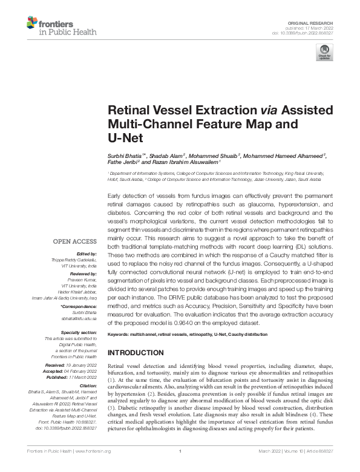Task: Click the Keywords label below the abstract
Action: (x=119, y=334)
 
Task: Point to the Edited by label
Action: (x=87, y=254)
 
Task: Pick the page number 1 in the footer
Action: (x=180, y=467)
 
